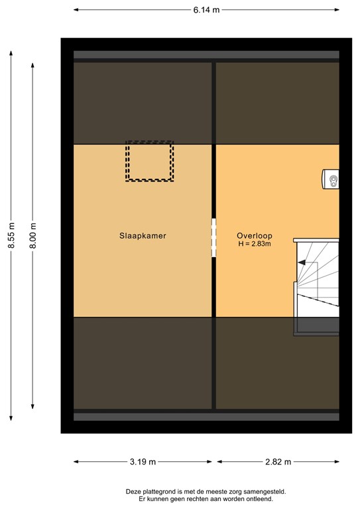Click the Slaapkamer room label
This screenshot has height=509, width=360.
click(x=143, y=235)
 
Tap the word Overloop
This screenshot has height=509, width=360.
click(x=255, y=235)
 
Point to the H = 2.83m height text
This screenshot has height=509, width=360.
click(x=255, y=244)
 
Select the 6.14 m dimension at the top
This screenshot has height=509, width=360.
click(x=206, y=10)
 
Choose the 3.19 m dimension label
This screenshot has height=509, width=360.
click(x=143, y=462)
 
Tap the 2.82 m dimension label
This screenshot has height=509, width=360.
click(x=278, y=462)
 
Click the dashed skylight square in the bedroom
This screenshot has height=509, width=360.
click(x=150, y=161)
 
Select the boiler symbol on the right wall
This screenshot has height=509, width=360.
click(x=331, y=179)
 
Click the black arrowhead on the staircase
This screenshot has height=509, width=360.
click(x=301, y=263)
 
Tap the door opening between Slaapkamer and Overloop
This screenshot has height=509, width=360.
click(x=213, y=238)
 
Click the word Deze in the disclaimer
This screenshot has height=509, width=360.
click(x=133, y=491)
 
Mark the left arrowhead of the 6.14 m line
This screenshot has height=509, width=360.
click(x=76, y=10)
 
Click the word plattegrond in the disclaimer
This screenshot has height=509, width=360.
click(x=161, y=491)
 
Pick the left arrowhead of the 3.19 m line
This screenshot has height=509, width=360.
click(x=76, y=462)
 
